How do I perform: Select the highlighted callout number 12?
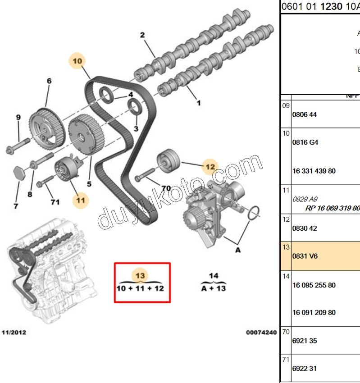pyautogui.click(x=210, y=166)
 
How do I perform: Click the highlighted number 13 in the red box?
pyautogui.click(x=141, y=275)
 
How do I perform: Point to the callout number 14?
pyautogui.click(x=213, y=275)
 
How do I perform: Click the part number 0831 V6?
pyautogui.click(x=305, y=256)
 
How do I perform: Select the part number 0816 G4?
pyautogui.click(x=305, y=142)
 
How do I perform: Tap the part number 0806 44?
pyautogui.click(x=305, y=114)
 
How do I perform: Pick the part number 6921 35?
pyautogui.click(x=305, y=341)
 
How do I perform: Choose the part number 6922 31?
pyautogui.click(x=305, y=369)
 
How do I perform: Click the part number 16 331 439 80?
pyautogui.click(x=314, y=171)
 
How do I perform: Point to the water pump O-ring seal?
pyautogui.click(x=255, y=214)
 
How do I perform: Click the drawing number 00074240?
pyautogui.click(x=261, y=333)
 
